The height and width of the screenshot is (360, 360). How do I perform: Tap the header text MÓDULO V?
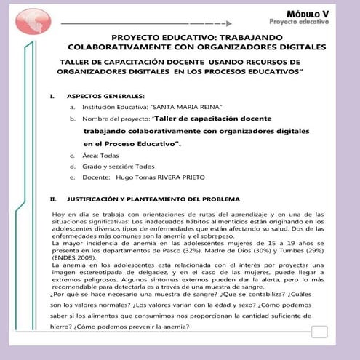coord(308,12)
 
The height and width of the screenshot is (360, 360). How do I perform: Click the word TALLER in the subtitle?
coord(76,62)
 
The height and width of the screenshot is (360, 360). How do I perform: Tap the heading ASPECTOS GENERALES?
coord(105,96)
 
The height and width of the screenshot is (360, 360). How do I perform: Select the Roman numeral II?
coord(52,199)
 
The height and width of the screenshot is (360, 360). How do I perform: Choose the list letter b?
coord(73,118)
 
